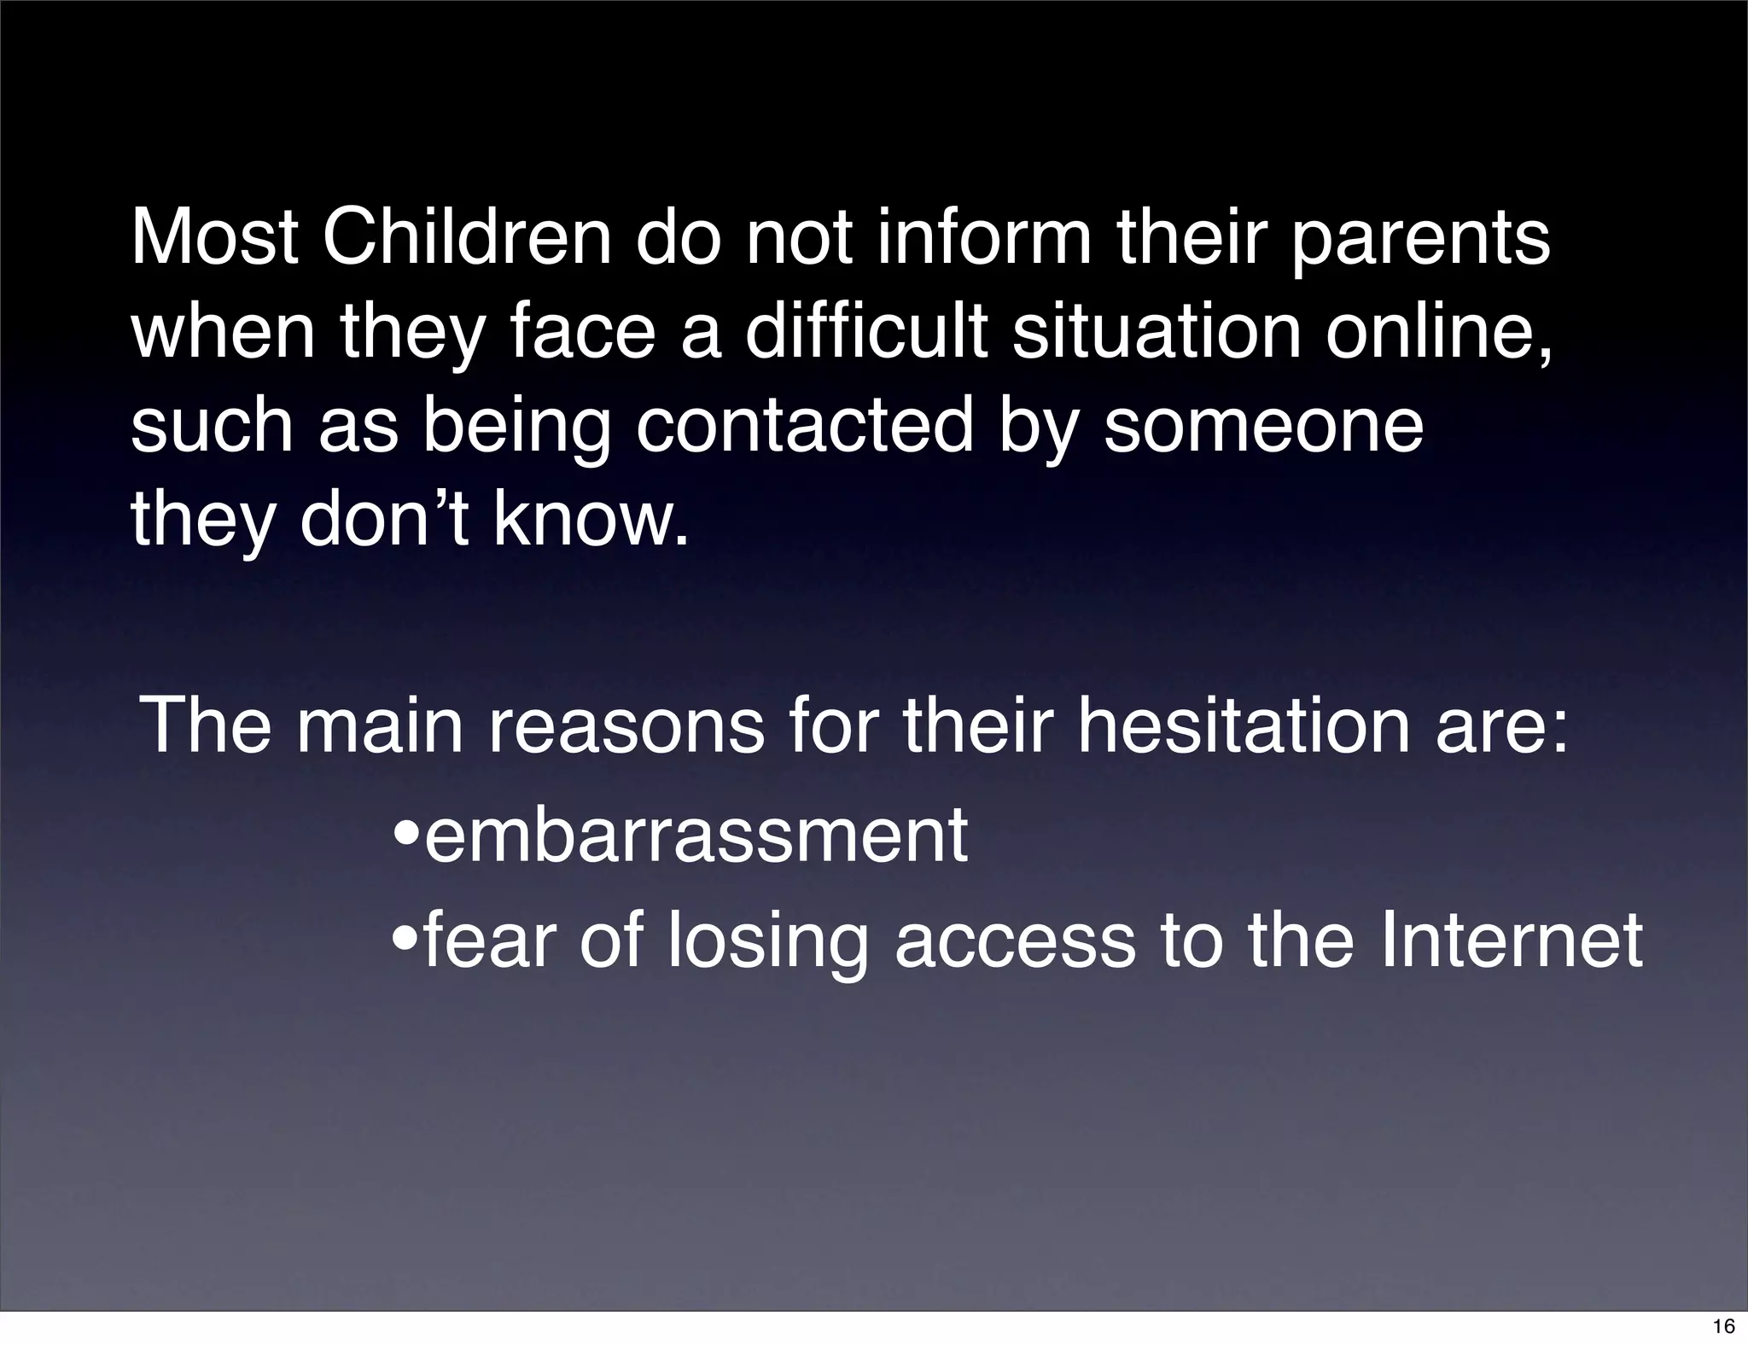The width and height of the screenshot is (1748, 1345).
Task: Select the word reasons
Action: [626, 725]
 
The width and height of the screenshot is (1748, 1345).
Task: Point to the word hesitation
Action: [1244, 725]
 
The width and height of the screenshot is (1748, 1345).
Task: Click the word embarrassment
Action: [696, 836]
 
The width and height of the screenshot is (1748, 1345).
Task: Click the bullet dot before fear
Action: [406, 940]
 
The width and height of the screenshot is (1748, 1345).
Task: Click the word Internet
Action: [1511, 940]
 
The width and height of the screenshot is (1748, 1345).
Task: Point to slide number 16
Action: [1723, 1326]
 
